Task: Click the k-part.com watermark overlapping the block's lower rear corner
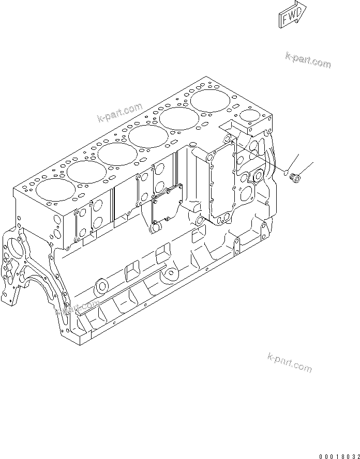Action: coord(77,309)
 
